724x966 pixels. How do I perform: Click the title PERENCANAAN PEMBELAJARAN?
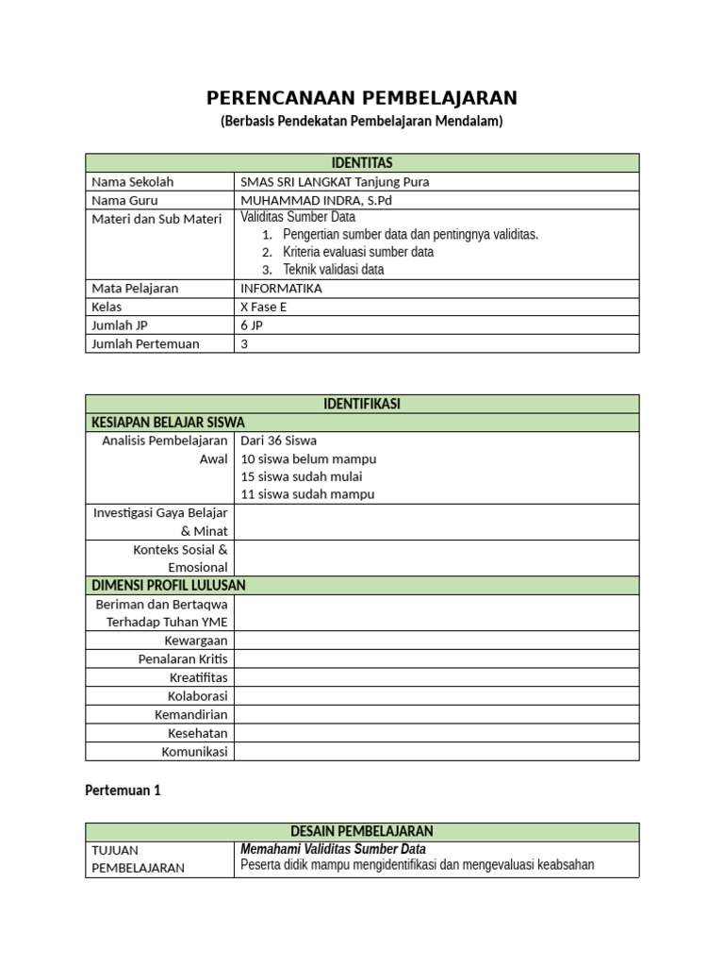coord(362,98)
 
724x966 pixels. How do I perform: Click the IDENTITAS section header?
coord(362,163)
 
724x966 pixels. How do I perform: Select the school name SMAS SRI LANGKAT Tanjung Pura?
coord(327,181)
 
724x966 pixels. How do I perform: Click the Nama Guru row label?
coord(124,200)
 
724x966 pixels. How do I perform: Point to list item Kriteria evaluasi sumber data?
coord(358,252)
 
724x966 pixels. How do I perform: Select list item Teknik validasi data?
coord(333,270)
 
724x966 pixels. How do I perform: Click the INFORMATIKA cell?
coord(281,288)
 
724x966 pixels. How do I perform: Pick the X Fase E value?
coord(268,307)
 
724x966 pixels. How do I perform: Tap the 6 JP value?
coord(251,325)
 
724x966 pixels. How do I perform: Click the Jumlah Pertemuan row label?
coord(145,343)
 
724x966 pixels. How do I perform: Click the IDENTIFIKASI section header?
coord(362,404)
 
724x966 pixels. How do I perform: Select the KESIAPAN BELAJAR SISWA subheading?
coord(168,422)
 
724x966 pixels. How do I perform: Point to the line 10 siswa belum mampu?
coord(308,458)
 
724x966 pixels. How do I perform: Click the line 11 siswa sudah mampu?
coord(307,494)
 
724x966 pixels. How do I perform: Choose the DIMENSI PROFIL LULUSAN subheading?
coord(168,585)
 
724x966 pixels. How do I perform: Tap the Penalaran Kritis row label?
coord(183,658)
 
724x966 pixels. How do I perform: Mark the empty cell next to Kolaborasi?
coord(436,696)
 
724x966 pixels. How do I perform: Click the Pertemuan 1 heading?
coord(123,791)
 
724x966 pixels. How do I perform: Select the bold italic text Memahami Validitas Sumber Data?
coord(333,849)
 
